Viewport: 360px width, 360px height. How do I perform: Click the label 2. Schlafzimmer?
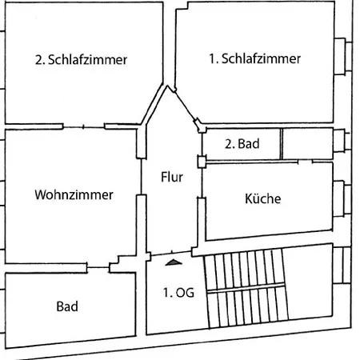(x=81, y=59)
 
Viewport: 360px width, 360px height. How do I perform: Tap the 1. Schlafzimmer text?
(x=254, y=58)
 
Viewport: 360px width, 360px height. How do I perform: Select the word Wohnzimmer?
(x=74, y=194)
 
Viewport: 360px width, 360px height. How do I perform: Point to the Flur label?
(x=172, y=177)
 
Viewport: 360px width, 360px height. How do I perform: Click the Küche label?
(x=263, y=198)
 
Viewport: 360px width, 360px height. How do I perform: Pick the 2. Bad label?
(x=242, y=144)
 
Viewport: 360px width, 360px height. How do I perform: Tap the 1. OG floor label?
(x=178, y=293)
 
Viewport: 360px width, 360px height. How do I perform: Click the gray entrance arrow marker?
(x=174, y=262)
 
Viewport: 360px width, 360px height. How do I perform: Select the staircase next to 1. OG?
(x=246, y=288)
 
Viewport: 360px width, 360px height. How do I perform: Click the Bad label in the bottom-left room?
(x=67, y=306)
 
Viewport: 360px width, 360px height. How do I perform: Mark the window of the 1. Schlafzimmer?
(x=343, y=57)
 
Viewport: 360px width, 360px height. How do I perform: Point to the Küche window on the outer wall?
(x=342, y=198)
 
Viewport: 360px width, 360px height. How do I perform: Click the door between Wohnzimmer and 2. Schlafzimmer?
(x=83, y=127)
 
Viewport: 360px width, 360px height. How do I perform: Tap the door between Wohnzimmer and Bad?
(x=98, y=267)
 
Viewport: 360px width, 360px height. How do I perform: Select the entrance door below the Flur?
(x=171, y=253)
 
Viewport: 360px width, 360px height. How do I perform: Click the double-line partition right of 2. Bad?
(x=281, y=144)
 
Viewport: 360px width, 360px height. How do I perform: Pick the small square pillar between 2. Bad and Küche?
(x=202, y=162)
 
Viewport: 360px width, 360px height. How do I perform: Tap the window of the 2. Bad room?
(x=342, y=140)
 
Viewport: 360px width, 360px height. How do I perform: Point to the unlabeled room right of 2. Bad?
(x=308, y=144)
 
